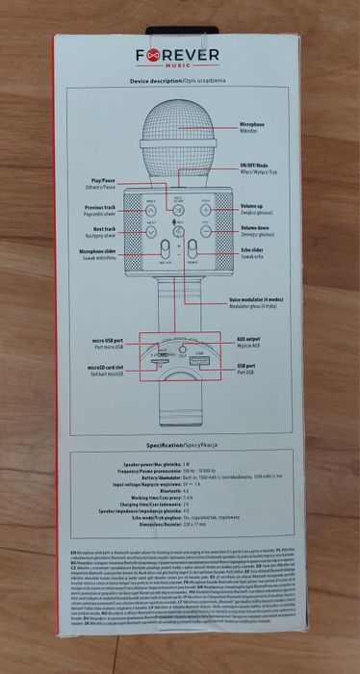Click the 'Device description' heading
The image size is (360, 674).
pyautogui.click(x=179, y=84)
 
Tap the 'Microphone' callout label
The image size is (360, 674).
pyautogui.click(x=257, y=126)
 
